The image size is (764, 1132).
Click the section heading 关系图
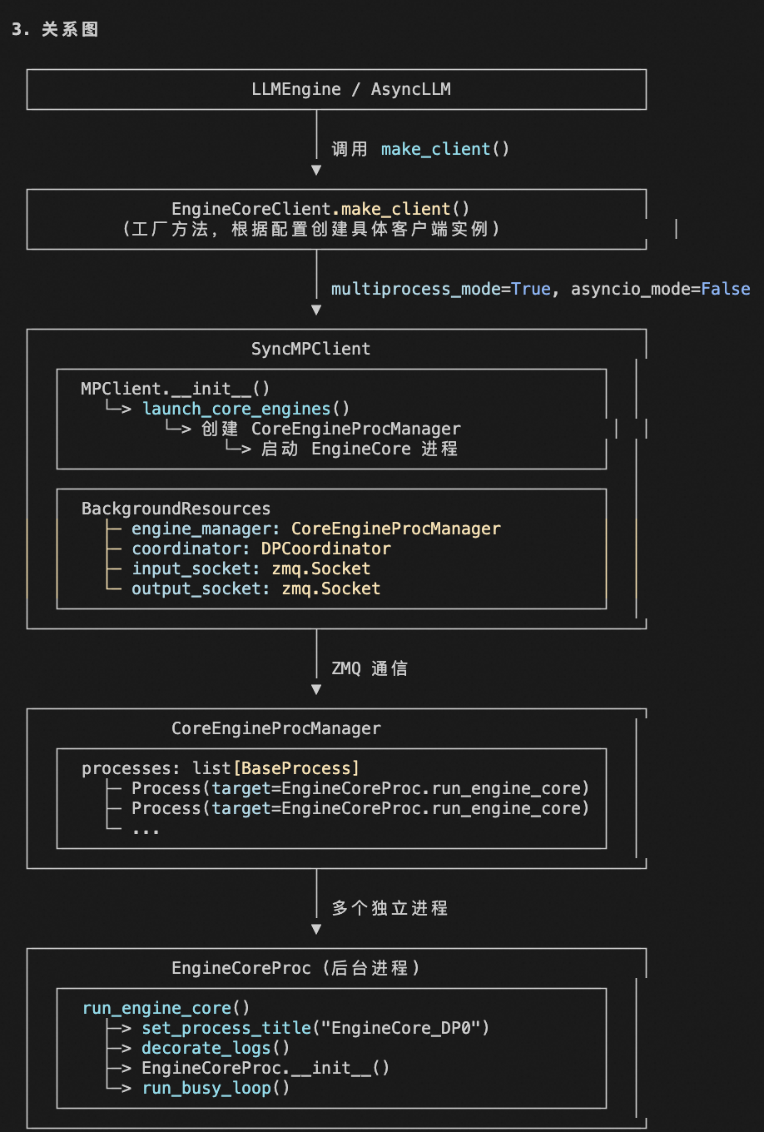70,30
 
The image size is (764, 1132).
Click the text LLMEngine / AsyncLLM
350,89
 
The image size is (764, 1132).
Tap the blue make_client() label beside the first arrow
444,149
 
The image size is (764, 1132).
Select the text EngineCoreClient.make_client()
320,209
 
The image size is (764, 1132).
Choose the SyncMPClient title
310,349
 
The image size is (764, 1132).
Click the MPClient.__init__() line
175,389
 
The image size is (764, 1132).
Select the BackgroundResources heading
176,509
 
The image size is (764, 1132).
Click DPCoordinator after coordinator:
325,549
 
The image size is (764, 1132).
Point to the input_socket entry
195,568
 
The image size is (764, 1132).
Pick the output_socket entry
200,588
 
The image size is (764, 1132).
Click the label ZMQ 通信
369,668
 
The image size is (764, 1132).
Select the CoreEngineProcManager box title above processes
275,728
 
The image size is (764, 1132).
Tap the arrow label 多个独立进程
389,908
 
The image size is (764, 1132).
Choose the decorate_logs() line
215,1048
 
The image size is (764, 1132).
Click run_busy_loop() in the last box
215,1088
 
